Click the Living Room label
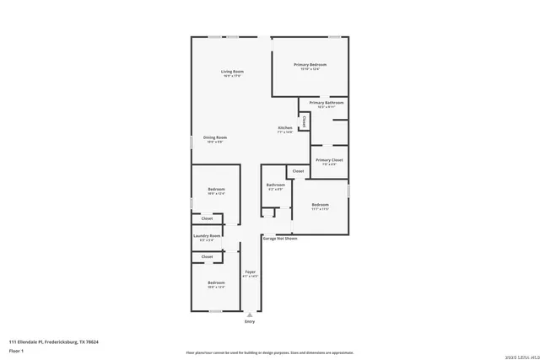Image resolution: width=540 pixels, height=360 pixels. [232, 73]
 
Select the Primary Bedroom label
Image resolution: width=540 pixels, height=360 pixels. [310, 65]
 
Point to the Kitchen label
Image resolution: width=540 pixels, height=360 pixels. [285, 127]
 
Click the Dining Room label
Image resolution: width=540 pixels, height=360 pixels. [215, 137]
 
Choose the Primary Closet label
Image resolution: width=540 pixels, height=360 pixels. [329, 159]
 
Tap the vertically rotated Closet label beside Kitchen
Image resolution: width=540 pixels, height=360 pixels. [304, 121]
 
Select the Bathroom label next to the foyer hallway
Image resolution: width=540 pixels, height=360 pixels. [276, 185]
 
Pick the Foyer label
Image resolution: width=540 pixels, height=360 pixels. [250, 271]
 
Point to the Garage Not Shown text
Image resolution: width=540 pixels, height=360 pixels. [280, 239]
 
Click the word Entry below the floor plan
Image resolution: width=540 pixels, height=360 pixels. [249, 322]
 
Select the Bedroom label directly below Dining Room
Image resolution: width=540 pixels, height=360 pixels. [216, 189]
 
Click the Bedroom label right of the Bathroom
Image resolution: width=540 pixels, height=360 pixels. [320, 205]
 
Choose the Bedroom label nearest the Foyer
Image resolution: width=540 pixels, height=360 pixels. [216, 282]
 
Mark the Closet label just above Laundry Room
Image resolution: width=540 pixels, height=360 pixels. [207, 218]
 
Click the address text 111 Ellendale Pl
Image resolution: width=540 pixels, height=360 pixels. [54, 341]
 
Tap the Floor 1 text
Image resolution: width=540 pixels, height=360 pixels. [16, 349]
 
